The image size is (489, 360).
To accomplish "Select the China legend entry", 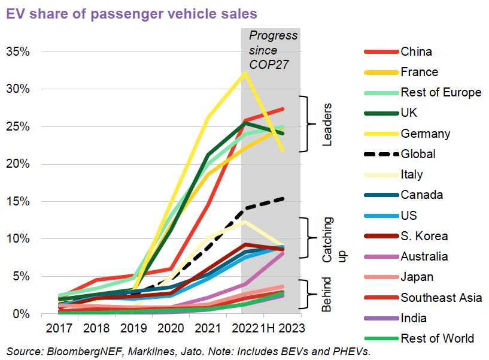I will tap(417, 52).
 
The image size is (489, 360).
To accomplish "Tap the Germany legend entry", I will tap(426, 134).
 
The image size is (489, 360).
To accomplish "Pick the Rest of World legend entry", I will tap(437, 338).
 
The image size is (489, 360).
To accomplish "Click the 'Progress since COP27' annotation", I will tap(273, 50).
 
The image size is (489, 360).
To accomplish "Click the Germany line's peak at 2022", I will tap(244, 73).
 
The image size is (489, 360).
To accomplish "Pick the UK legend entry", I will tap(410, 113).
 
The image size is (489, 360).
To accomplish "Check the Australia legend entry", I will tap(424, 256).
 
